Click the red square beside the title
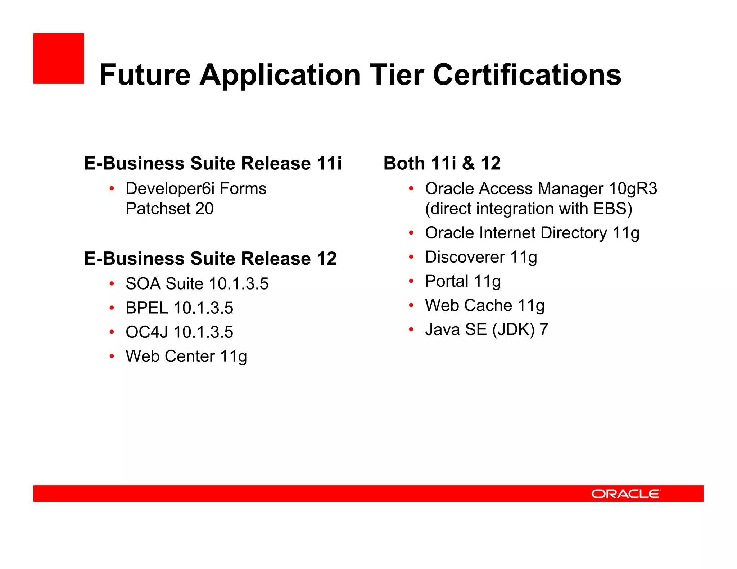click(59, 59)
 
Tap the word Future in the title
click(145, 75)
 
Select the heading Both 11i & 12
click(442, 163)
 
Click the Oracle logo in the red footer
click(626, 493)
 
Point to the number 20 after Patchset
click(204, 209)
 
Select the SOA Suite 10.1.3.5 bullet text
click(197, 284)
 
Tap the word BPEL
click(146, 308)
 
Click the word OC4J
click(146, 332)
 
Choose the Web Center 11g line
click(186, 356)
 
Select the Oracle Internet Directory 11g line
click(532, 233)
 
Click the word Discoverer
click(465, 257)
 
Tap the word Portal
click(447, 281)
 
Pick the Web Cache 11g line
click(484, 305)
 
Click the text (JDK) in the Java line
click(513, 330)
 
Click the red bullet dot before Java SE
click(411, 329)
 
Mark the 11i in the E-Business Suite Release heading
click(329, 163)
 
